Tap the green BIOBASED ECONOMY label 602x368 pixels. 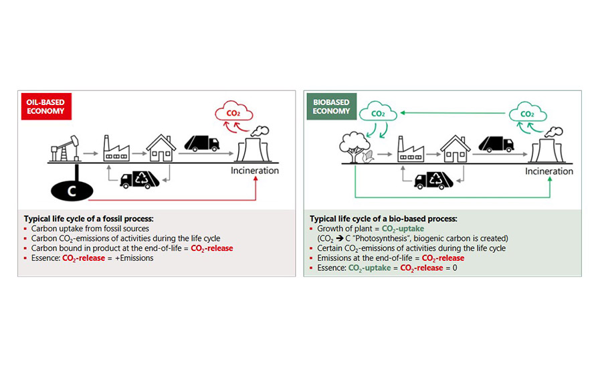coord(331,106)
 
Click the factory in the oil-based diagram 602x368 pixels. coord(116,149)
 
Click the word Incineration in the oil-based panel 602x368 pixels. coord(255,171)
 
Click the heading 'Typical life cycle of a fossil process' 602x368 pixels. coord(90,219)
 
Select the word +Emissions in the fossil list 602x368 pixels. coord(134,258)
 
